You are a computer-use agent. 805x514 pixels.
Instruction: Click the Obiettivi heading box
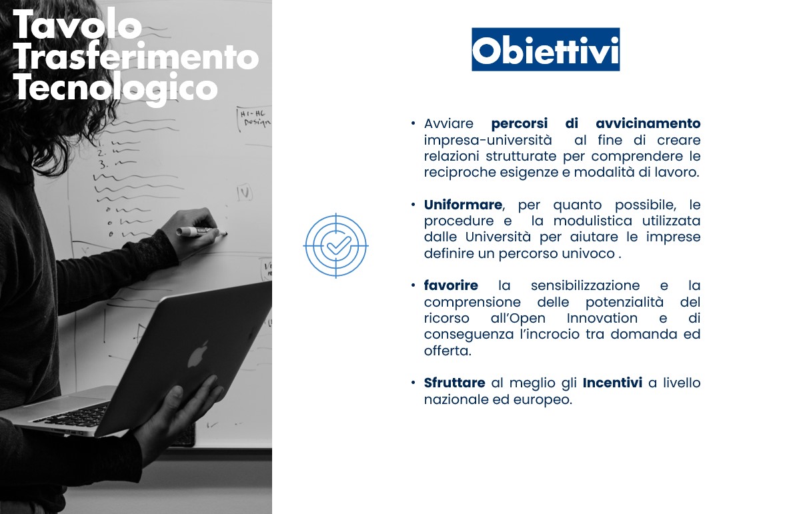pyautogui.click(x=546, y=49)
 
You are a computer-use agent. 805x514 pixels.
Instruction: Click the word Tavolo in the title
pyautogui.click(x=77, y=27)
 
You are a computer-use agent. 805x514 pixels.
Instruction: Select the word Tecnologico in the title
pyautogui.click(x=115, y=88)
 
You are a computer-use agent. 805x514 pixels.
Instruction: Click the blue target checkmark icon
pyautogui.click(x=336, y=245)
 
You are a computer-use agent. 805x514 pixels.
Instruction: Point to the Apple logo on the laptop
pyautogui.click(x=197, y=353)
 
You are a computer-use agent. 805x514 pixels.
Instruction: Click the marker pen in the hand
pyautogui.click(x=199, y=231)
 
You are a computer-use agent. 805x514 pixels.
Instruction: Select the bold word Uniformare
pyautogui.click(x=463, y=205)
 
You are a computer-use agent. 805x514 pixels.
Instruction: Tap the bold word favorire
pyautogui.click(x=451, y=285)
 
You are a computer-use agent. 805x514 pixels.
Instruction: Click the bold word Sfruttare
pyautogui.click(x=454, y=383)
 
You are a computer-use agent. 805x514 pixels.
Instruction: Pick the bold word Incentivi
pyautogui.click(x=612, y=383)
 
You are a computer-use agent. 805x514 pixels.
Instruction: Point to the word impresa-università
pyautogui.click(x=488, y=140)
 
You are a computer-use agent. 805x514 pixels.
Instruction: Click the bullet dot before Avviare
pyautogui.click(x=414, y=123)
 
